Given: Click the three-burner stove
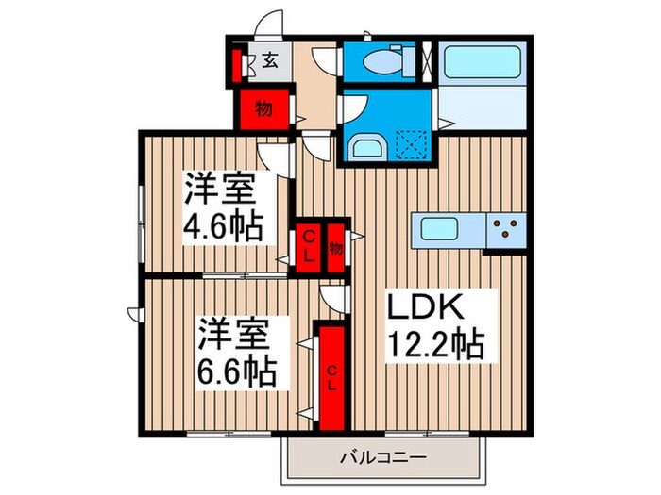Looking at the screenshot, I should pos(505,229).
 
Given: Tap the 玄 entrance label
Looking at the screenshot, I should pos(270,62).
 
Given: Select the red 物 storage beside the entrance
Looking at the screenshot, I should pos(264,109).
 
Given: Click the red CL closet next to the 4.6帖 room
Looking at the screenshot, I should pos(309,247).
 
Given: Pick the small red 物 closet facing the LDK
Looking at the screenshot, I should pos(336,248).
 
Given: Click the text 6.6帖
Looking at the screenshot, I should pos(237,372).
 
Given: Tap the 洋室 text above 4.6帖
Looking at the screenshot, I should pos(220,188).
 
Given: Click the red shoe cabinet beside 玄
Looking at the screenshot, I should pos(239,67).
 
